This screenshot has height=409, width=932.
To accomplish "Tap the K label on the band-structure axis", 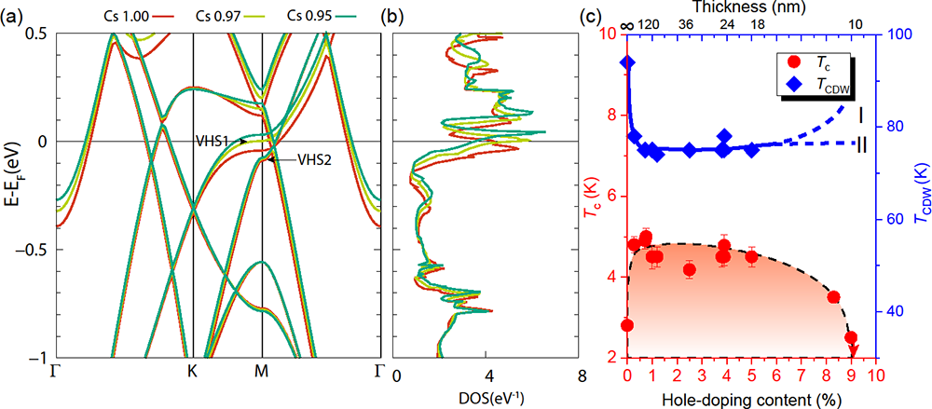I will click(193, 370).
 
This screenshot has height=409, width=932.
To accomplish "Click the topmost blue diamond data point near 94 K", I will click(627, 63).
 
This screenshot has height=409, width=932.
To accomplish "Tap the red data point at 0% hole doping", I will click(627, 325).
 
